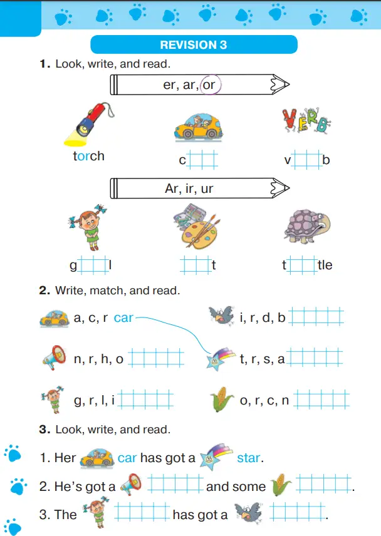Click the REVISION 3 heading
tap(193, 45)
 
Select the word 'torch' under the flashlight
tap(88, 156)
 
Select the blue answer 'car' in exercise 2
tap(123, 317)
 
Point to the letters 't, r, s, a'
tap(262, 359)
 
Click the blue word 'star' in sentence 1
tap(248, 458)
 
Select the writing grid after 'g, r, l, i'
tap(145, 399)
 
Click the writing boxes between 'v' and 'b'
tap(307, 159)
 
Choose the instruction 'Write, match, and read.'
tap(117, 291)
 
